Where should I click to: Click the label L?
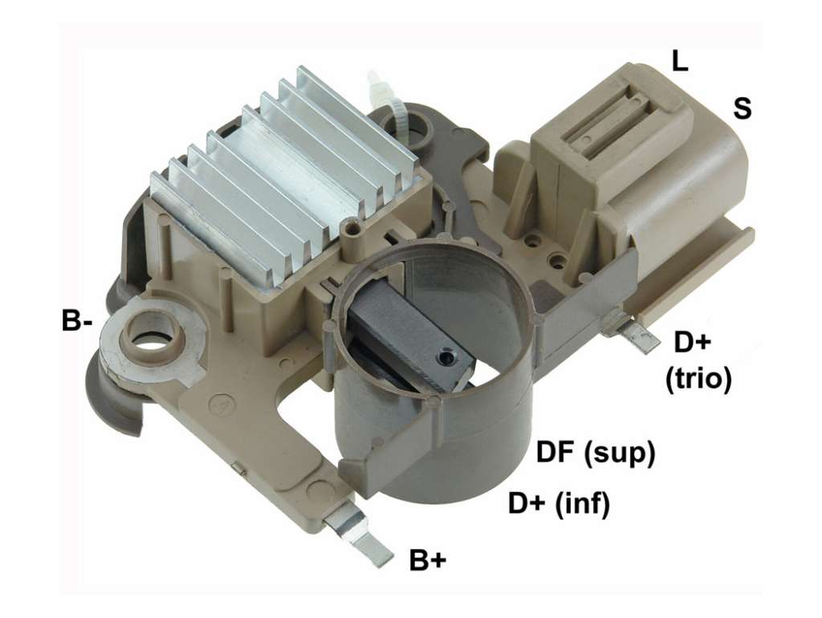click(x=679, y=61)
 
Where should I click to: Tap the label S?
click(x=742, y=108)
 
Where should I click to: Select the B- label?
click(x=76, y=321)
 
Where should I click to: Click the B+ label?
click(x=428, y=560)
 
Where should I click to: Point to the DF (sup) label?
click(x=596, y=452)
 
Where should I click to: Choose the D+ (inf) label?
click(x=559, y=504)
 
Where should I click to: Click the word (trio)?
click(x=698, y=378)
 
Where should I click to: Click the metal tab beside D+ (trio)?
click(x=633, y=331)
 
